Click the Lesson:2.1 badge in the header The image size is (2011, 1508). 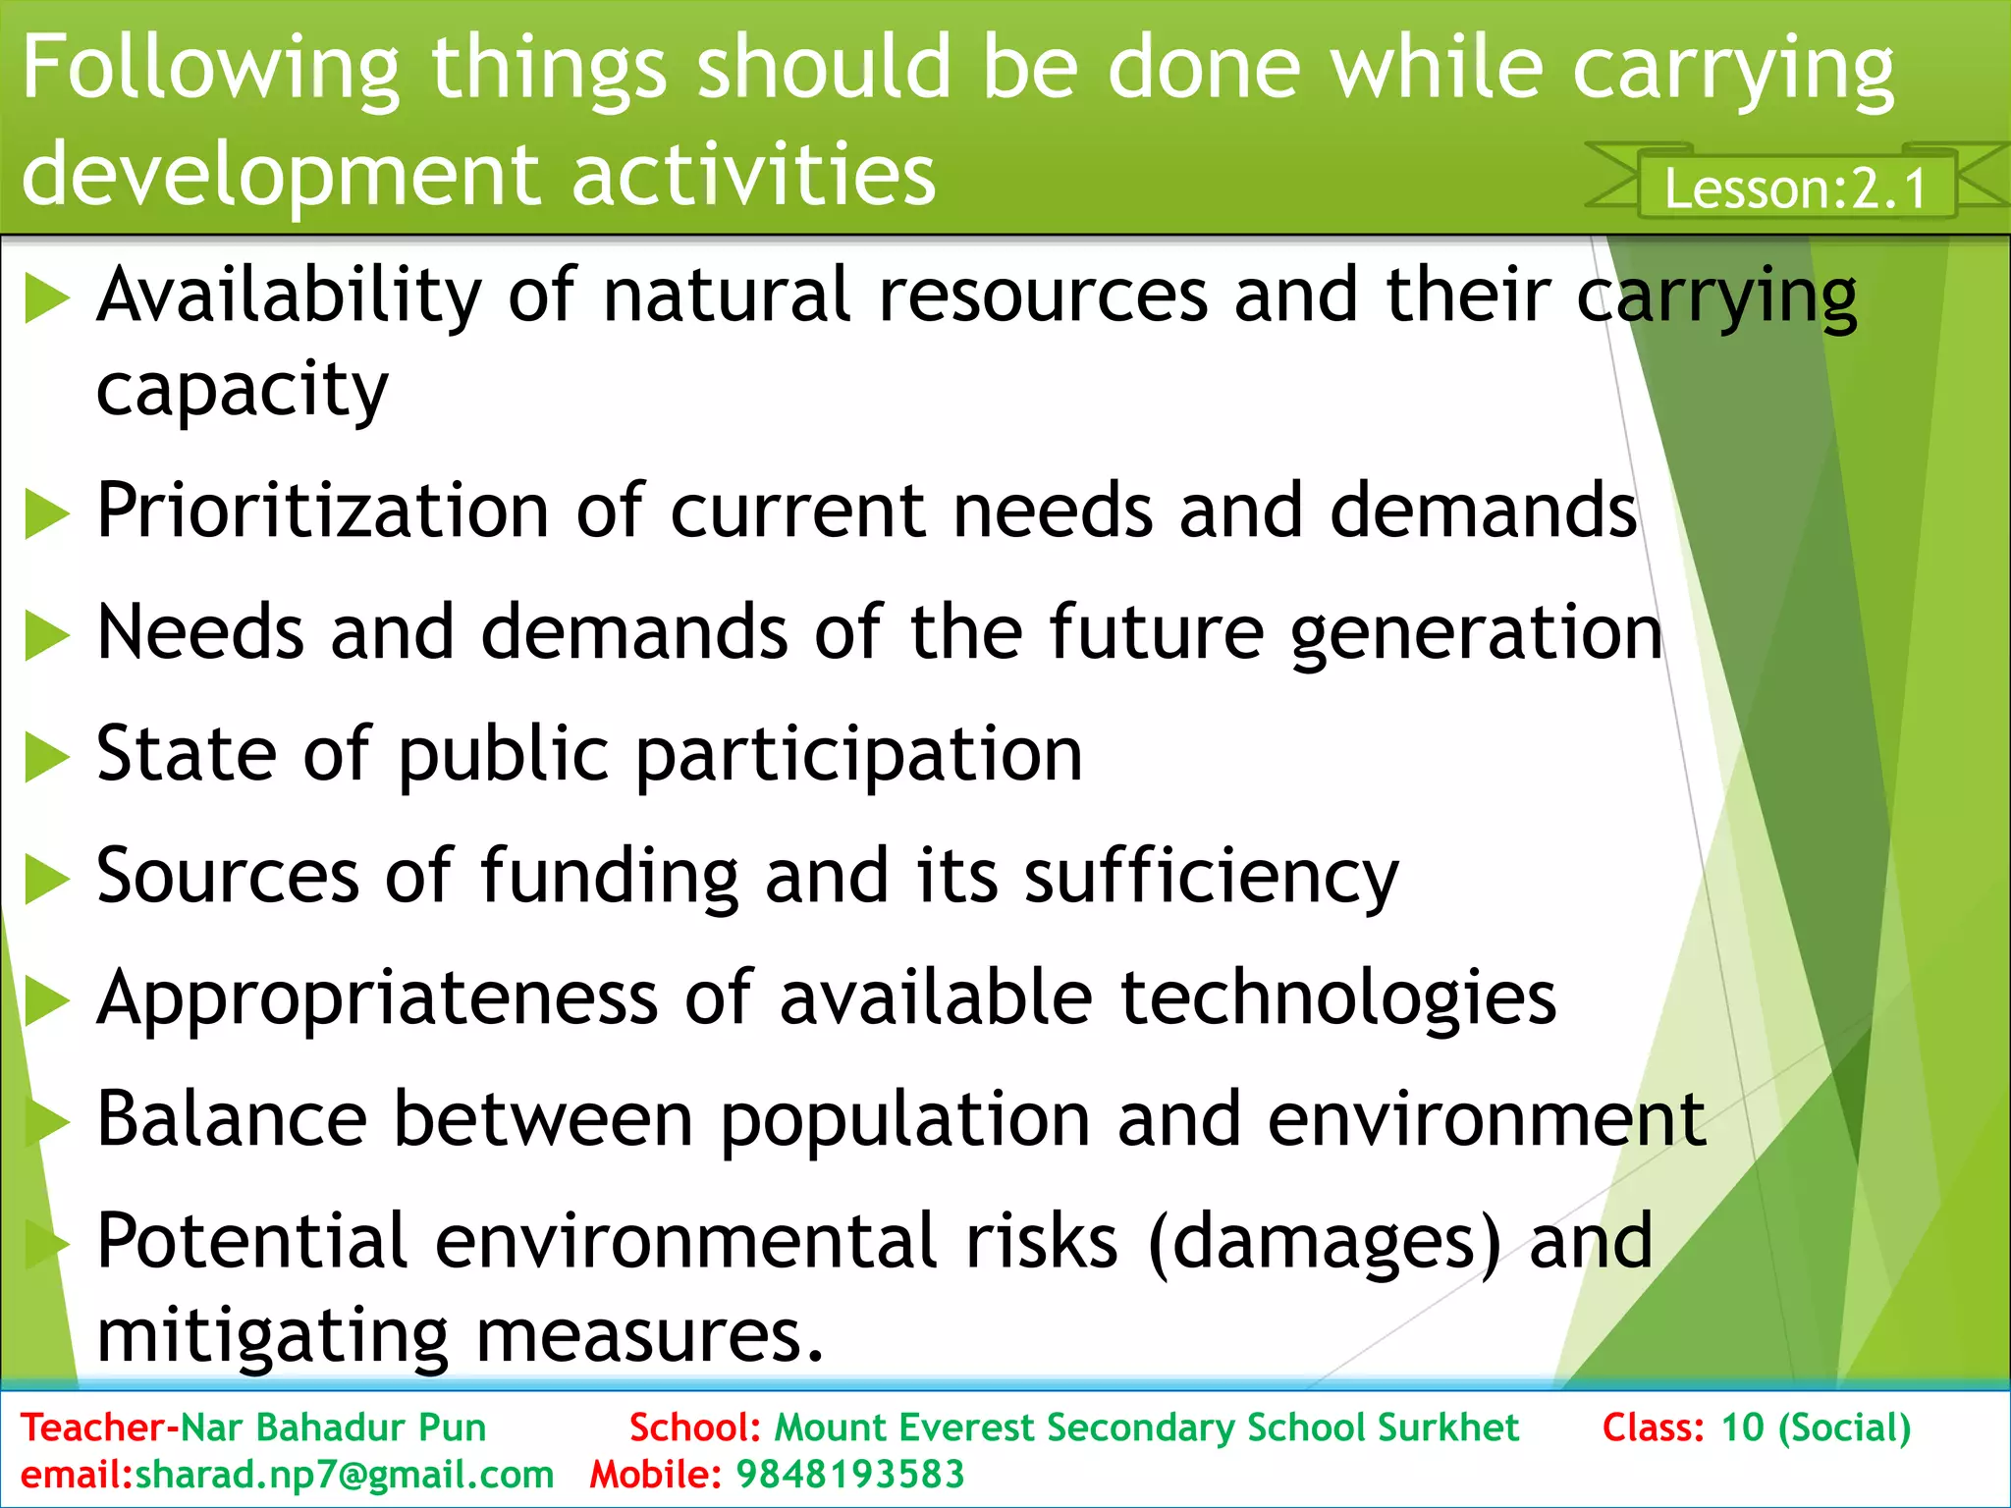pyautogui.click(x=1795, y=188)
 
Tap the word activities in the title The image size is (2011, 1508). pyautogui.click(x=753, y=175)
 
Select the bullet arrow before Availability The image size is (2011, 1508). pyautogui.click(x=46, y=298)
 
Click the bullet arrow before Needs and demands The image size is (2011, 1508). pyautogui.click(x=46, y=635)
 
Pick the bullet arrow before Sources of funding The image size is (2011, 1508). pyautogui.click(x=46, y=878)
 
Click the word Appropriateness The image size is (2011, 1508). pyautogui.click(x=378, y=998)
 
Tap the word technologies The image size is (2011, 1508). pyautogui.click(x=1337, y=998)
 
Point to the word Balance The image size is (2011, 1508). pyautogui.click(x=232, y=1119)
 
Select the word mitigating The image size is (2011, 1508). pyautogui.click(x=273, y=1337)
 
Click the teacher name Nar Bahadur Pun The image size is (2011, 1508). pyautogui.click(x=334, y=1427)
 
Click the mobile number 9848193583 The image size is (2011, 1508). pyautogui.click(x=850, y=1475)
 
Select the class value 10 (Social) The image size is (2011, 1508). pyautogui.click(x=1816, y=1427)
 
